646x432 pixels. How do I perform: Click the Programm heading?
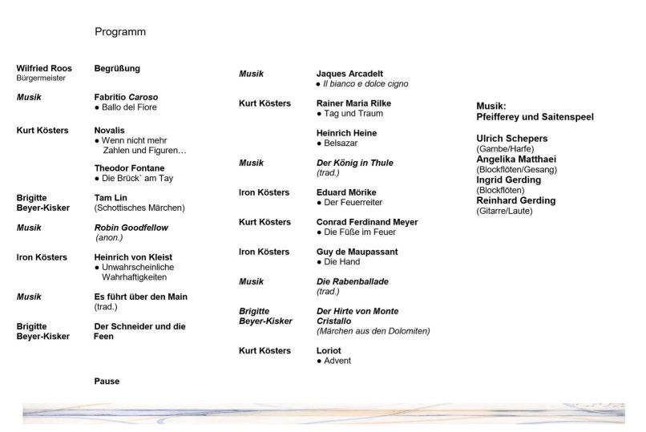(x=120, y=32)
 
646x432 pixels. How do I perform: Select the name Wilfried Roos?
(x=44, y=69)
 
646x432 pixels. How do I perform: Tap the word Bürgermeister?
(x=41, y=79)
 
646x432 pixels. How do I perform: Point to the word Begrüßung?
(x=117, y=69)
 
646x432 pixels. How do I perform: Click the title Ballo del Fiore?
(x=129, y=107)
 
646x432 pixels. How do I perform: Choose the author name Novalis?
(x=110, y=131)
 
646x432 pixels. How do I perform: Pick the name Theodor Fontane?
(x=129, y=168)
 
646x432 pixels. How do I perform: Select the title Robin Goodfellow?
(x=131, y=228)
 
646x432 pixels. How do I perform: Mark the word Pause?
(x=107, y=382)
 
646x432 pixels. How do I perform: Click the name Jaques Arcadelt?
(x=349, y=74)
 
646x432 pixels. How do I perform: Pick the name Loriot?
(x=329, y=351)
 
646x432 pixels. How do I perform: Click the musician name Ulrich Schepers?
(x=512, y=139)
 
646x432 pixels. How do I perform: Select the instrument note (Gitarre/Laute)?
(x=504, y=211)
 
